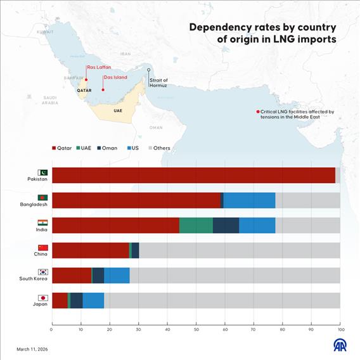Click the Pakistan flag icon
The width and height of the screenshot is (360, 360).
(43, 172)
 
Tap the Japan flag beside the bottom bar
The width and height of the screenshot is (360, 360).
(43, 297)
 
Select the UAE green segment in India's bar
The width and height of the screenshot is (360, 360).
(196, 226)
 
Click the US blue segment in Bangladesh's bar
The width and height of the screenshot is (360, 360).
(249, 200)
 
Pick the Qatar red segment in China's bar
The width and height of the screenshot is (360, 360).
(90, 250)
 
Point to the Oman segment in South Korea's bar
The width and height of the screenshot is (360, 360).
(98, 275)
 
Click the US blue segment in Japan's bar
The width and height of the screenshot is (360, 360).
(93, 300)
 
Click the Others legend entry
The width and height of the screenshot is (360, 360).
(158, 148)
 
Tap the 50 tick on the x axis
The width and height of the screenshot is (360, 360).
(196, 330)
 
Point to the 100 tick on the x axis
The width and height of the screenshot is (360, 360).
(340, 330)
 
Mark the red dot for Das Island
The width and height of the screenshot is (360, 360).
(103, 90)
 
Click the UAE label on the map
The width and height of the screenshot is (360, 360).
(118, 110)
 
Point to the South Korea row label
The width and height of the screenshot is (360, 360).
(34, 279)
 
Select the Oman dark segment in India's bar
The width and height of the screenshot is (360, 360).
(226, 226)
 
